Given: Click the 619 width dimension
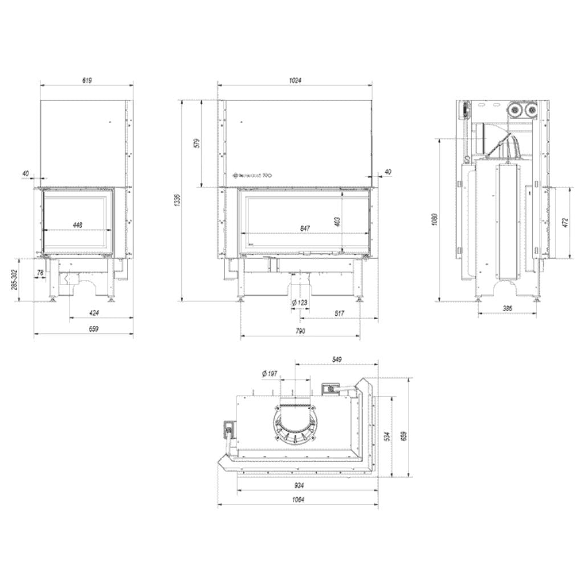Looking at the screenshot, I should click(87, 81).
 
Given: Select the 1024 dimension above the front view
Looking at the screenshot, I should click(295, 81).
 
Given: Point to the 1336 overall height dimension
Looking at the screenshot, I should click(177, 200).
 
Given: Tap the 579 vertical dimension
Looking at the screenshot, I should click(197, 143).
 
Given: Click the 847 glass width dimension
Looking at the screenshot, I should click(305, 228).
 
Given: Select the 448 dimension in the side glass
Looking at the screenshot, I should click(78, 225).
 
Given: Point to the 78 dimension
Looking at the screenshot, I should click(40, 273).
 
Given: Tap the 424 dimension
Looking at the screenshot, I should click(94, 312).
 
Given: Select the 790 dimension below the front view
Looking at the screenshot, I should click(300, 331).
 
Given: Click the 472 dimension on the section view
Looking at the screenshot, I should click(566, 222).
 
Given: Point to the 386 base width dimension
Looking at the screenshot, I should click(507, 308).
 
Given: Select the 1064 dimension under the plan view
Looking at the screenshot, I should click(297, 500).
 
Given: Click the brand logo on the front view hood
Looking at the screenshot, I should click(255, 176).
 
